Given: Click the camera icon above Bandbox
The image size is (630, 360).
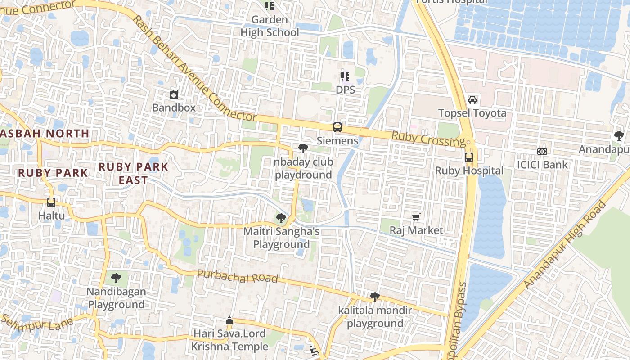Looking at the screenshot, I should [174, 94].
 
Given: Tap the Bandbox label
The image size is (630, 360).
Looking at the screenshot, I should [174, 108].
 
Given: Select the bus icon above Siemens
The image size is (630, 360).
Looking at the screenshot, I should [337, 127].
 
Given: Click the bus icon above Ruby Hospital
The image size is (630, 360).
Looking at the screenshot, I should [469, 157].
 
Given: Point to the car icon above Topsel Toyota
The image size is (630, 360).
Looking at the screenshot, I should [472, 99].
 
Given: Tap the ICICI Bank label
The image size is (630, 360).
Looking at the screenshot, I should [542, 165].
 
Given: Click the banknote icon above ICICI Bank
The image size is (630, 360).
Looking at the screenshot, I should [542, 152].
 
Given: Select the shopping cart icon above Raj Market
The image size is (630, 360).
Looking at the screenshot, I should [416, 217].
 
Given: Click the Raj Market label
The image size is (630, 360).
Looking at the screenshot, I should [416, 230].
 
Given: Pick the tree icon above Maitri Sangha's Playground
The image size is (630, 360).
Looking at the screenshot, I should [281, 218].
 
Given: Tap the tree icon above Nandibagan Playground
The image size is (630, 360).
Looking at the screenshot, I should [116, 278].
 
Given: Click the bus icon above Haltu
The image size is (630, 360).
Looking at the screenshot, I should [51, 202].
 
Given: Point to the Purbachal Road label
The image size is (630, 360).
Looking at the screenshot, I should [238, 276].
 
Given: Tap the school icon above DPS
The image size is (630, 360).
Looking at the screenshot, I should [345, 76].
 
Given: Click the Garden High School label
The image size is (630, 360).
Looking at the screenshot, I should [270, 26].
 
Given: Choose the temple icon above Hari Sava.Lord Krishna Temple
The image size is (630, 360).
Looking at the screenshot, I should [229, 320].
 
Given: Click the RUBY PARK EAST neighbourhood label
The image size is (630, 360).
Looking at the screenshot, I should [133, 173].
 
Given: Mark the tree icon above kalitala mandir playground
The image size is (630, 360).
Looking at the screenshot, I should [374, 297].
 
